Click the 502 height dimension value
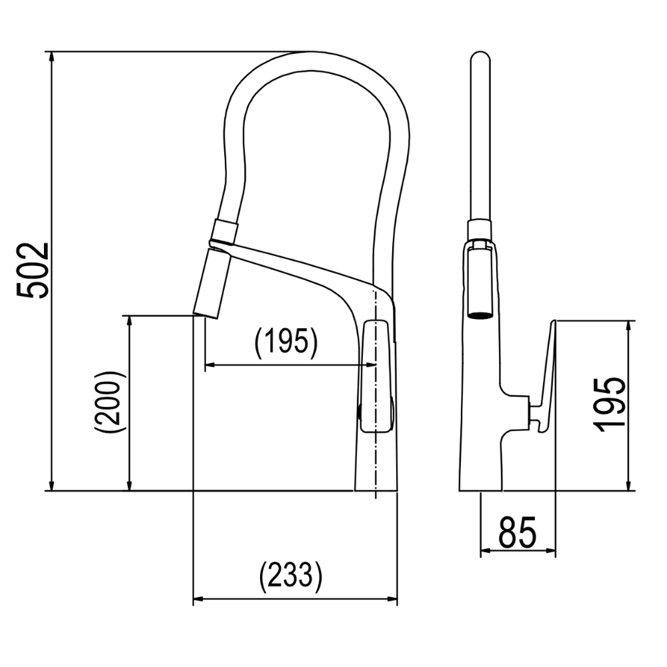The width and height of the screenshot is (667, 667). point(33,271)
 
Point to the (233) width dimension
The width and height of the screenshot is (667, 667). point(291,577)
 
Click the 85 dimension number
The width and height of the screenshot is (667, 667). point(518,532)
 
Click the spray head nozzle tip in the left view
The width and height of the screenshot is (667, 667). point(206,315)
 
